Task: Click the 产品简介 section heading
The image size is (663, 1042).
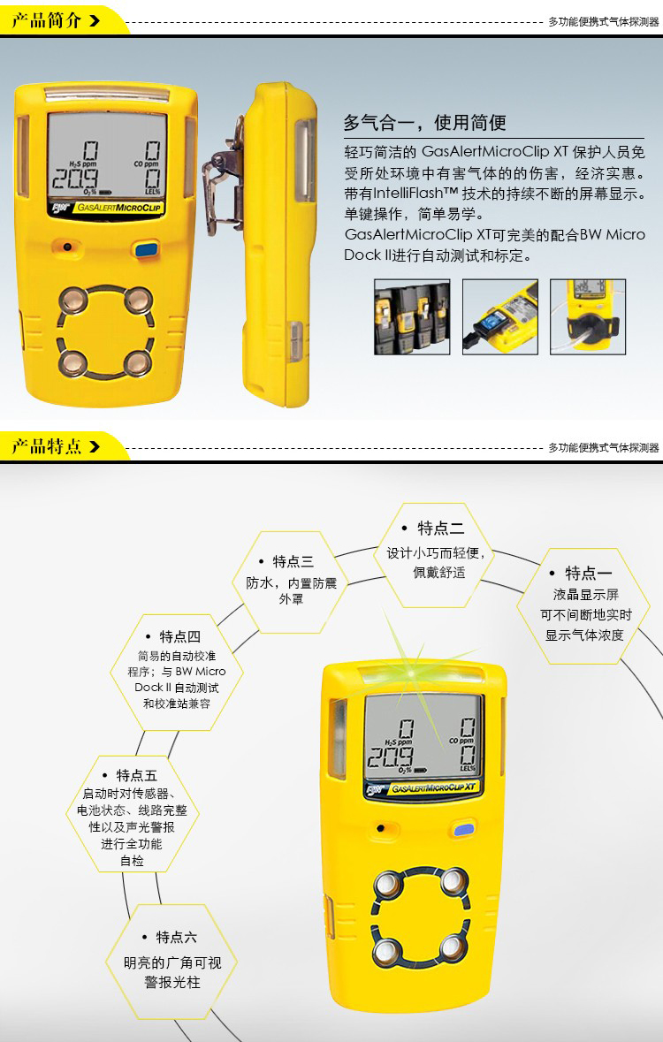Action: (47, 20)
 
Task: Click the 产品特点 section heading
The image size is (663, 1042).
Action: (47, 445)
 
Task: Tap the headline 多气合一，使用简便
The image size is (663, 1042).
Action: (425, 123)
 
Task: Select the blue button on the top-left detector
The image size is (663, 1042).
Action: (146, 250)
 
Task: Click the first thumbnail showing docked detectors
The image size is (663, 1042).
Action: (412, 316)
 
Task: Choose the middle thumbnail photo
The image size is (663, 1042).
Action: (500, 316)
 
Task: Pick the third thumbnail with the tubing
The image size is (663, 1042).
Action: (588, 316)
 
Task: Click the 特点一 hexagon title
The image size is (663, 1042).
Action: (589, 573)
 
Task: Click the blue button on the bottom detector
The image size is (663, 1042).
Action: (463, 830)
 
